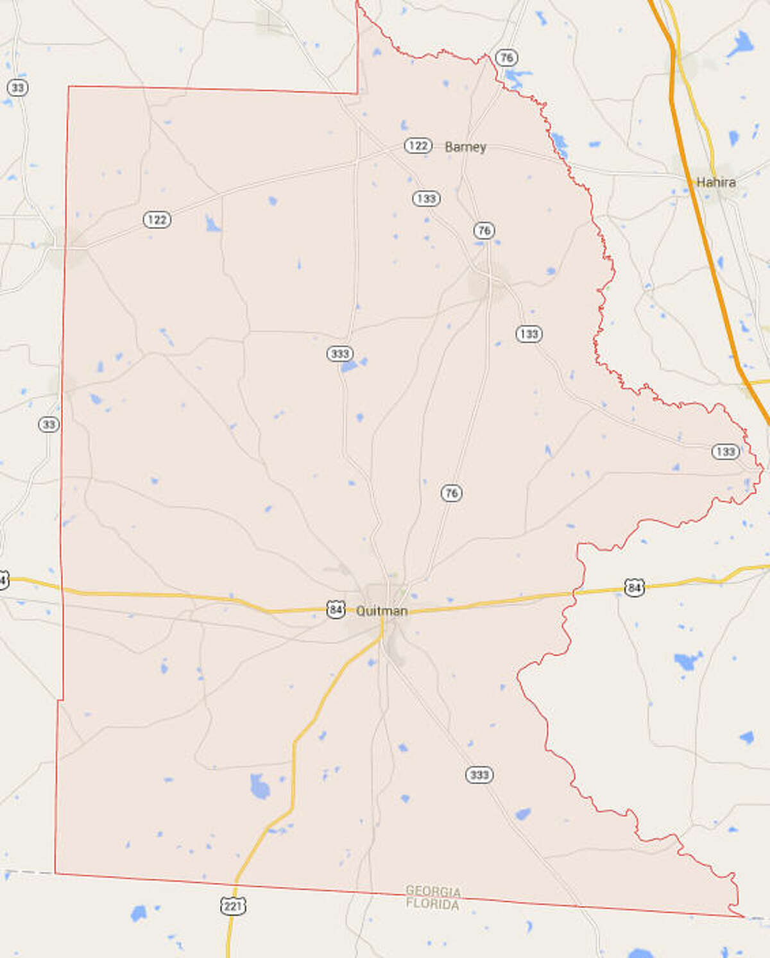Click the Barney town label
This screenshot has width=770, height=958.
[465, 147]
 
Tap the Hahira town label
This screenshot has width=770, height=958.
[715, 182]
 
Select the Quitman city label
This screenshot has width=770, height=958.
[382, 611]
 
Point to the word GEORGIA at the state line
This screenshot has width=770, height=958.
[433, 891]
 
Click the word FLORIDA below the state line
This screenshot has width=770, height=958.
[433, 905]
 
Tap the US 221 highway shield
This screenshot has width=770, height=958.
[233, 906]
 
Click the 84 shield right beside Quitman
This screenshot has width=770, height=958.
[336, 609]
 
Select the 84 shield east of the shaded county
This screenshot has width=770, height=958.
[634, 587]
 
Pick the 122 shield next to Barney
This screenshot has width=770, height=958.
[417, 146]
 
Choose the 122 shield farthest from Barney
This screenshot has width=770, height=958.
[157, 220]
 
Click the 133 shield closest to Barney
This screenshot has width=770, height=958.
[426, 198]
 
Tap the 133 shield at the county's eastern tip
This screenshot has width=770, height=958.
[725, 452]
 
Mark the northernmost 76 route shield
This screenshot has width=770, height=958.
[506, 58]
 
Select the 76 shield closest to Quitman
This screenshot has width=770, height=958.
[451, 493]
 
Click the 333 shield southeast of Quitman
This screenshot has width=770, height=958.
[479, 774]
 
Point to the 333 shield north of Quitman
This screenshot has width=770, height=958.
[339, 354]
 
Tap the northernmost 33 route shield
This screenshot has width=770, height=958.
[17, 87]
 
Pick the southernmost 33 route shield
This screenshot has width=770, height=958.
[49, 424]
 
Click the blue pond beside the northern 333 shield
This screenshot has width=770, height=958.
[350, 366]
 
